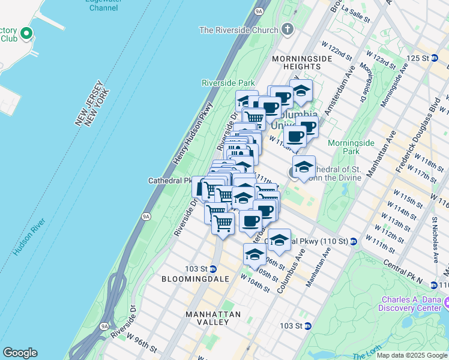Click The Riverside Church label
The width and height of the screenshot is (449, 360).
[x=238, y=30]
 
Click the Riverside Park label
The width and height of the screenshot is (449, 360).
[x=228, y=83]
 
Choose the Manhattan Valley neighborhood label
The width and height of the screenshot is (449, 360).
[x=213, y=318]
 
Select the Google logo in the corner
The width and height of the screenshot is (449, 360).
[x=20, y=353]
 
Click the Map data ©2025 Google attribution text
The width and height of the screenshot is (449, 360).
[x=412, y=355]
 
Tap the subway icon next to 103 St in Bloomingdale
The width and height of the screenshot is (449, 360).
[x=212, y=268]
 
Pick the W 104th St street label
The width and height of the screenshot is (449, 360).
[x=255, y=283]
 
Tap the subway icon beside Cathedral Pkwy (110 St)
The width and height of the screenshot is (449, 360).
[x=353, y=241]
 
